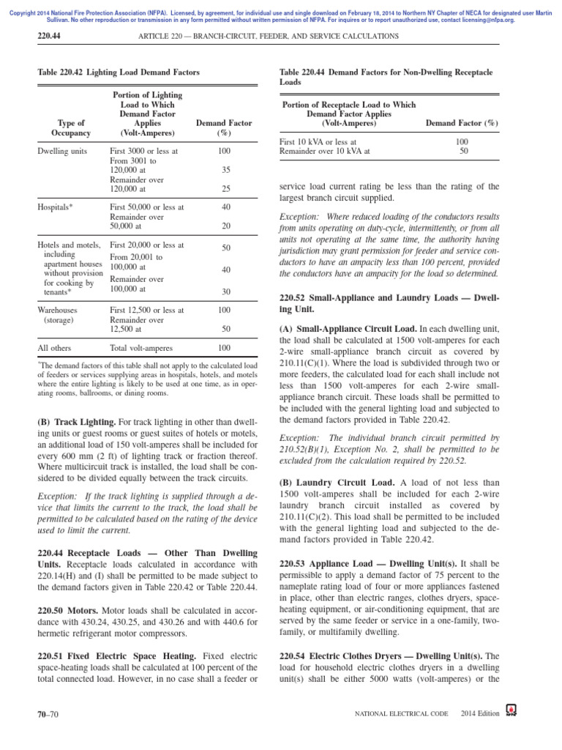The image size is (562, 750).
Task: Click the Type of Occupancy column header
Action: coord(71,128)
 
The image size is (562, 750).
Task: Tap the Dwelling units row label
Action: coord(62,151)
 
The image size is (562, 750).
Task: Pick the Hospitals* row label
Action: coord(55,207)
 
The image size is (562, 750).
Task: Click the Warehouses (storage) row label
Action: coord(57,315)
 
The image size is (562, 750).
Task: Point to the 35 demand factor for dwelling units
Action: coord(225,169)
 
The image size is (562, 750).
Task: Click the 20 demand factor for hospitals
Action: coord(225,226)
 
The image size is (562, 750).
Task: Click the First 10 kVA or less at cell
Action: coord(318,141)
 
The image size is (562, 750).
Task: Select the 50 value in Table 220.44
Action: coord(462,151)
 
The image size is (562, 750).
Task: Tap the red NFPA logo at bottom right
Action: coord(511,710)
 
